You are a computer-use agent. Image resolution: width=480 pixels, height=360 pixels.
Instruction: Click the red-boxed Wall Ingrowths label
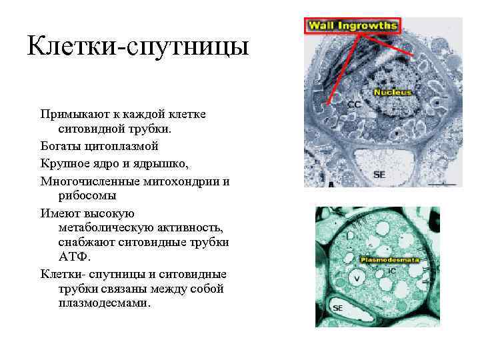coord(352,26)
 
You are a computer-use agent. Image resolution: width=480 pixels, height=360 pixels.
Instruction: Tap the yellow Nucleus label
coord(393,92)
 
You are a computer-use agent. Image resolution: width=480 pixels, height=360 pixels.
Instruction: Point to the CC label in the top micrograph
coord(355,105)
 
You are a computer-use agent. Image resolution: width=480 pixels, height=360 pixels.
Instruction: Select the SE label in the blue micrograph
coord(379,174)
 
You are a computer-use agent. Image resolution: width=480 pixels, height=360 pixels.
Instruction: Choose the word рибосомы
coord(87,196)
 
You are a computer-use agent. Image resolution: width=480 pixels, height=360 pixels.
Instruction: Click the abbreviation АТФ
coord(73,257)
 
